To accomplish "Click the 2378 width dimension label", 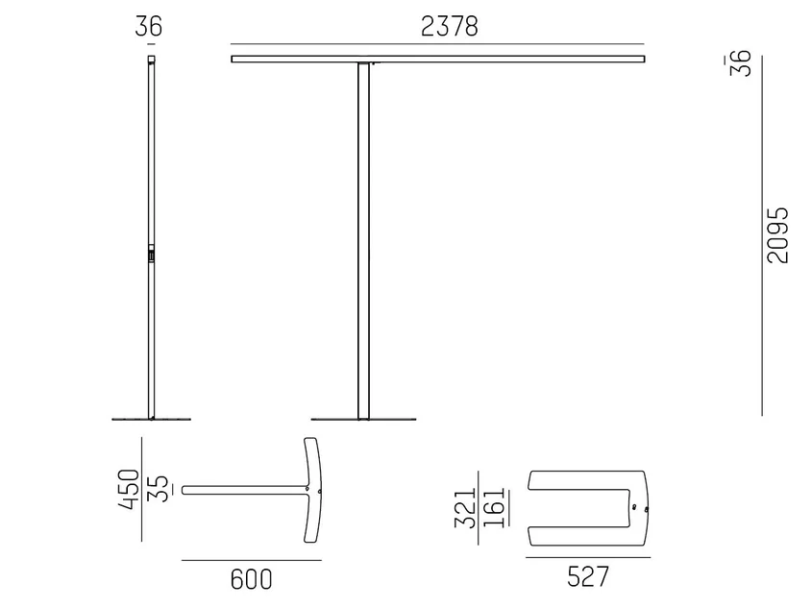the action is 450,26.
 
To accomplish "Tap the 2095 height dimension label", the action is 778,235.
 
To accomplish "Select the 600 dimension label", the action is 252,579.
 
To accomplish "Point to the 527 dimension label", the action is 588,576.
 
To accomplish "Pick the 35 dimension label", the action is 159,489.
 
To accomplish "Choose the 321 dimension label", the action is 465,508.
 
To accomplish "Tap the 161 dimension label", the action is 494,507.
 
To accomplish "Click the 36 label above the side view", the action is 148,26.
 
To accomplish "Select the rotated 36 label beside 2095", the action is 741,63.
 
